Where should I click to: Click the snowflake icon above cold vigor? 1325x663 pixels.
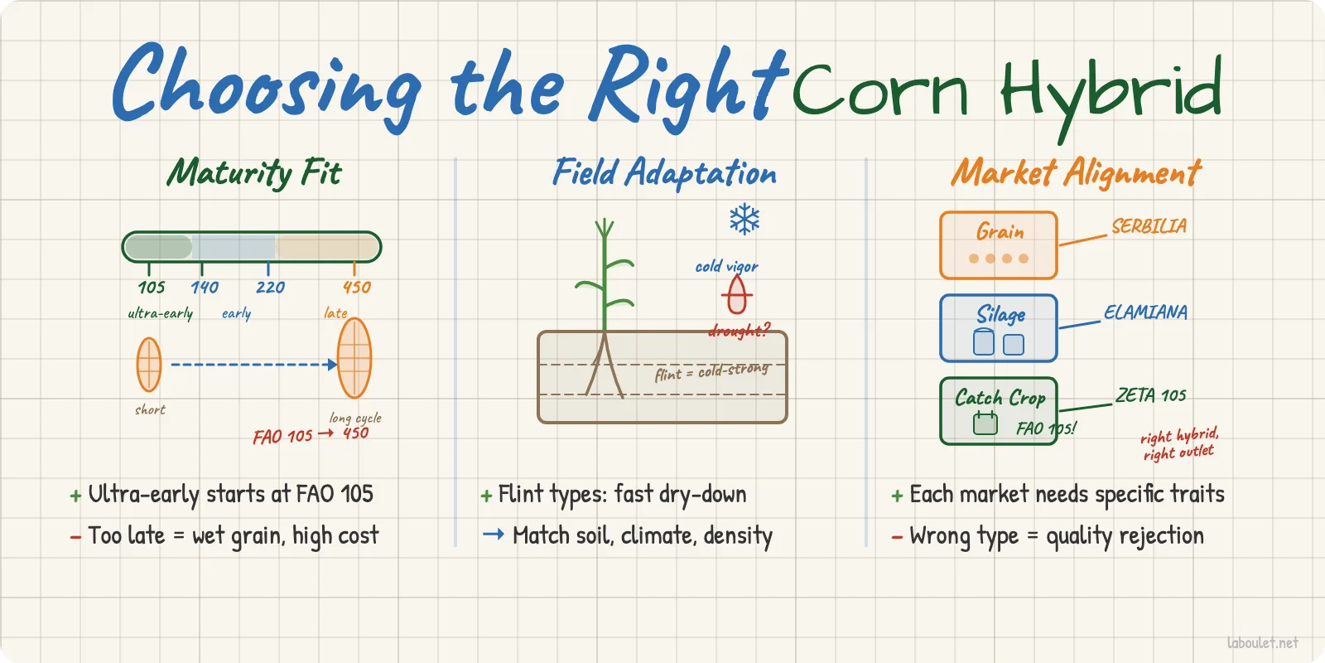[744, 220]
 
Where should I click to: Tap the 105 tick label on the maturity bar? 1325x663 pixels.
[152, 288]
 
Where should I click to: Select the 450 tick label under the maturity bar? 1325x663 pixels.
[357, 288]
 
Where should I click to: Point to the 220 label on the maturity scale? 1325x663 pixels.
[270, 288]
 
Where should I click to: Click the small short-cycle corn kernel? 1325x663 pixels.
[149, 365]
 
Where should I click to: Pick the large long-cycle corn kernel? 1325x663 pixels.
[354, 358]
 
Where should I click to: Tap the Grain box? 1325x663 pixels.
[998, 244]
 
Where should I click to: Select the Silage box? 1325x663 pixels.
[998, 328]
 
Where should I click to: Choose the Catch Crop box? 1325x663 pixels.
[998, 411]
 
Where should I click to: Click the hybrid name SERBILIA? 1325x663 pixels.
[1149, 226]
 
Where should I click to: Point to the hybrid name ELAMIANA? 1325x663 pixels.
[1145, 312]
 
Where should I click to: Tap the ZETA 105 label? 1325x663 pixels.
[1150, 395]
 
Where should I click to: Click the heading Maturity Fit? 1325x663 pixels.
[254, 173]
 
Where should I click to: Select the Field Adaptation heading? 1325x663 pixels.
[664, 173]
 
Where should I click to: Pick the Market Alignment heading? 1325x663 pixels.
[1076, 173]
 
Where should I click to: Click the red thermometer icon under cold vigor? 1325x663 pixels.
[736, 294]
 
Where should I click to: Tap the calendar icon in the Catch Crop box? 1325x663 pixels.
[985, 423]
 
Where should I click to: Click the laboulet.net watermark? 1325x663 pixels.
[1262, 642]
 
